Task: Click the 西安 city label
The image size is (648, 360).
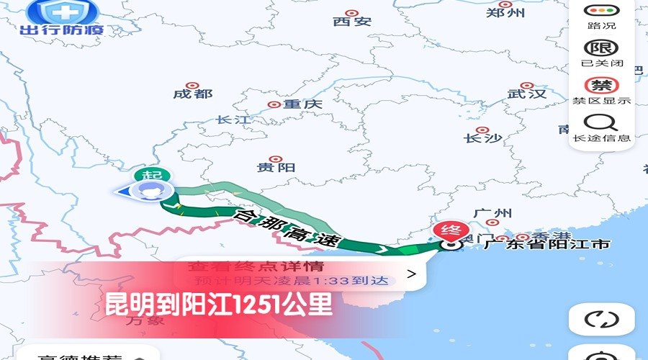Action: [352, 20]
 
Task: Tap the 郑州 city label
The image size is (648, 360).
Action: [505, 12]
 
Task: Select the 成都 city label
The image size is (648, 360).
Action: [193, 94]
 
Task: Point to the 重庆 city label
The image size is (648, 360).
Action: [302, 104]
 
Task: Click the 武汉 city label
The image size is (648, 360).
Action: [526, 94]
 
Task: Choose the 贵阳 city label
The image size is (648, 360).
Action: [276, 167]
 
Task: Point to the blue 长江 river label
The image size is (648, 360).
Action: [232, 120]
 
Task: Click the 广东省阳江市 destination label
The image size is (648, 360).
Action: [547, 244]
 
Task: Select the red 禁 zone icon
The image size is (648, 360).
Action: [601, 85]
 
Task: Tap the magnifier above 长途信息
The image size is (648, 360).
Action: [601, 122]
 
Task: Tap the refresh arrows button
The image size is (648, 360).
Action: [601, 319]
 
